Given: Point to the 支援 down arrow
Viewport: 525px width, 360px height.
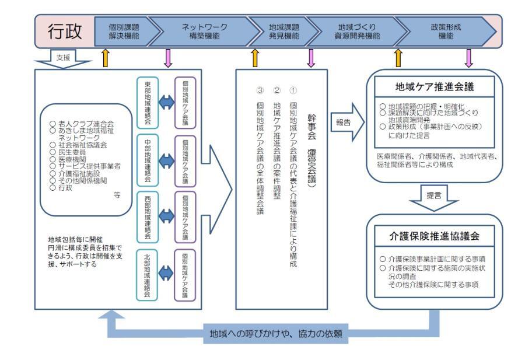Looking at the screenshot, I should [61, 60].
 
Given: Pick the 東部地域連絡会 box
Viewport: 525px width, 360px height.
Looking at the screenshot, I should [148, 103].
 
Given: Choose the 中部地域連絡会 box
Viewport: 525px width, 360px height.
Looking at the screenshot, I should [148, 159].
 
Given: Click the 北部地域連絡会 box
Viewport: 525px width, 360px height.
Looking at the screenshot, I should [148, 274].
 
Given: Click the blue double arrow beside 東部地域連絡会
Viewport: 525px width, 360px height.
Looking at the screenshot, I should [166, 103].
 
